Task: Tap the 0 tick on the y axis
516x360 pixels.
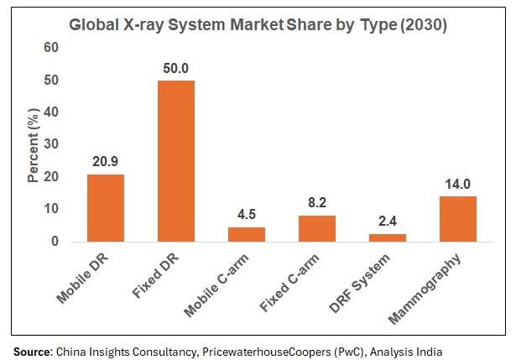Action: (55, 242)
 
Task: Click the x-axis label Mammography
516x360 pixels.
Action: (435, 281)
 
